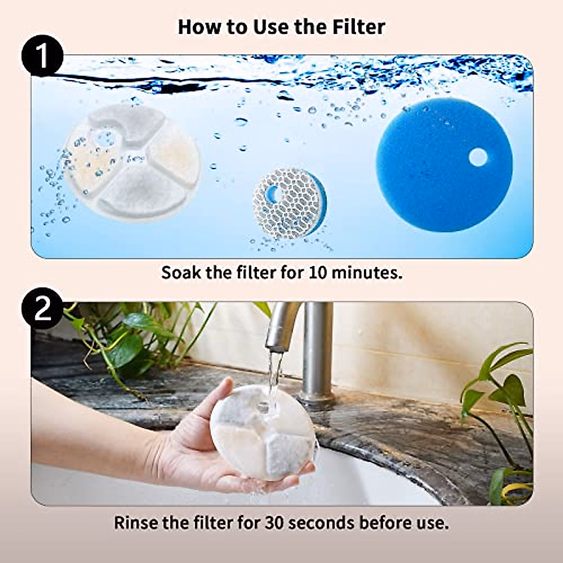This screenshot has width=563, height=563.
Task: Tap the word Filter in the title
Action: [x=359, y=27]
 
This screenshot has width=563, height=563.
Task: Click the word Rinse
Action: [x=137, y=522]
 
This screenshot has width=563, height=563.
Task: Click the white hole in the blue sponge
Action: [x=478, y=158]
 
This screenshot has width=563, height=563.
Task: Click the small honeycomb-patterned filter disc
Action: [x=287, y=203]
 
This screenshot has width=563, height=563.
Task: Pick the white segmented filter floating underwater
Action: [x=132, y=162]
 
